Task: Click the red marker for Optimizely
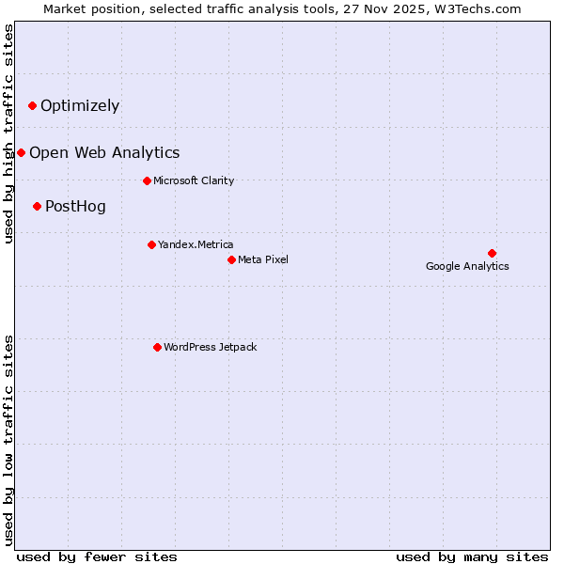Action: (x=32, y=105)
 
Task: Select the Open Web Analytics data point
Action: (x=21, y=152)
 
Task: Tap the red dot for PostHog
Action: (x=37, y=206)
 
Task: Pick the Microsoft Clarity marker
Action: (x=147, y=180)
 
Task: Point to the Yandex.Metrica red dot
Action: (x=151, y=244)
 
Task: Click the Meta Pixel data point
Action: (x=231, y=259)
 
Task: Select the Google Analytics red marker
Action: (x=492, y=253)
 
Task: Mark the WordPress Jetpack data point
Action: (x=157, y=347)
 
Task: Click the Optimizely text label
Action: (x=80, y=105)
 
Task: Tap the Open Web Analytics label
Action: (x=104, y=152)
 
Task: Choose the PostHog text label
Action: (x=75, y=206)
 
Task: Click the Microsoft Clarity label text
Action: (x=194, y=180)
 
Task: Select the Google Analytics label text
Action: (x=467, y=266)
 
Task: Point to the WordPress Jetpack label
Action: (x=210, y=347)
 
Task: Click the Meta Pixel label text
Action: (x=263, y=259)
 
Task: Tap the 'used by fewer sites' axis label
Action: (x=97, y=556)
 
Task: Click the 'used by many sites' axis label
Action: (x=472, y=556)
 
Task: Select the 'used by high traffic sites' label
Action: (x=8, y=133)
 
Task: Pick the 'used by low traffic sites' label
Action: (x=8, y=440)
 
